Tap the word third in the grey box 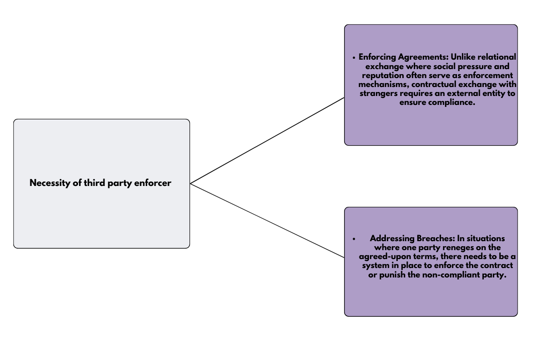coord(94,182)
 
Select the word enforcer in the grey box coord(153,182)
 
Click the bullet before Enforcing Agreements coord(354,58)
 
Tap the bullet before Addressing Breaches coord(354,239)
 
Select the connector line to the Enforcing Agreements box coord(267,141)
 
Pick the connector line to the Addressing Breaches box coord(267,221)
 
